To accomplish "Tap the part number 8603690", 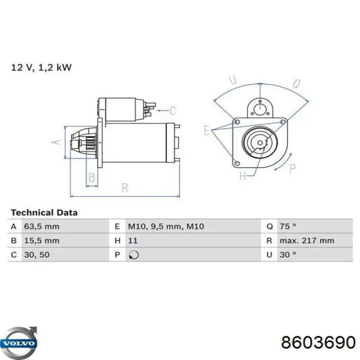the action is pyautogui.click(x=318, y=343).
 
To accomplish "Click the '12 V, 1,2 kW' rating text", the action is pyautogui.click(x=41, y=67).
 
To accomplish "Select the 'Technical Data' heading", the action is pyautogui.click(x=44, y=212).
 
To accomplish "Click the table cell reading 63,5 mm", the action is pyautogui.click(x=42, y=227).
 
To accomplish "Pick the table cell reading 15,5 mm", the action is pyautogui.click(x=42, y=241).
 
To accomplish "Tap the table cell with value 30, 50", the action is pyautogui.click(x=37, y=255).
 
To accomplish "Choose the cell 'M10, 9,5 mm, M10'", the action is pyautogui.click(x=166, y=227).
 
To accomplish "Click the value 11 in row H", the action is pyautogui.click(x=133, y=241).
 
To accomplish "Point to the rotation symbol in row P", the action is pyautogui.click(x=134, y=255).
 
